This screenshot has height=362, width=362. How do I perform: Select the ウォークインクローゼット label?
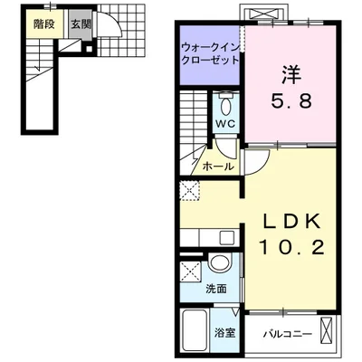coord(210,51)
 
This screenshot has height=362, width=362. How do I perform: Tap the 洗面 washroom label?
coord(216,290)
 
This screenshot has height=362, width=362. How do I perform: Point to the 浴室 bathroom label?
coord(225,333)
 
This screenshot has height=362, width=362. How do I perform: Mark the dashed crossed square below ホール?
coord(192,190)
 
